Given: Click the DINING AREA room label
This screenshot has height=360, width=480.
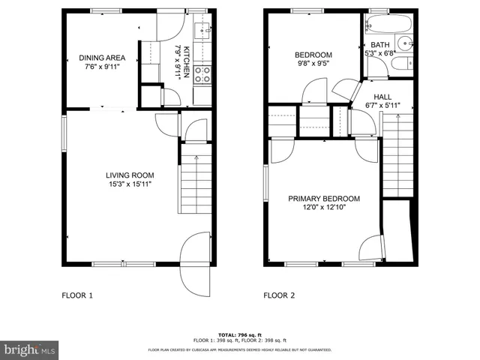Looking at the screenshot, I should (x=103, y=58).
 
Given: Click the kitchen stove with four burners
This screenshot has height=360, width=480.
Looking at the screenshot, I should (x=202, y=73).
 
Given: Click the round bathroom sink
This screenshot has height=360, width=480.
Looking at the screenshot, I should (x=406, y=43).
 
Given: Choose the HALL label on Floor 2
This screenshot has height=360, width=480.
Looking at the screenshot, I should (x=383, y=97).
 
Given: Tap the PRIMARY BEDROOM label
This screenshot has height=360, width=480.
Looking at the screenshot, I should (x=324, y=199).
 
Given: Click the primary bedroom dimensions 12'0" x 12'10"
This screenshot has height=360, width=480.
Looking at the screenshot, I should (x=324, y=208).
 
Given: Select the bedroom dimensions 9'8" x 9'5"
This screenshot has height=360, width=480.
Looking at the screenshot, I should (x=313, y=64).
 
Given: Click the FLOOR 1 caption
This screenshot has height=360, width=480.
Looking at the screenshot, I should (x=76, y=295).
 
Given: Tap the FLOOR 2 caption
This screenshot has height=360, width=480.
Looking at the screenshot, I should (x=279, y=295).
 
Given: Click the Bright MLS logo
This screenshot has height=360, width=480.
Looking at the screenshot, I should (x=30, y=349).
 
